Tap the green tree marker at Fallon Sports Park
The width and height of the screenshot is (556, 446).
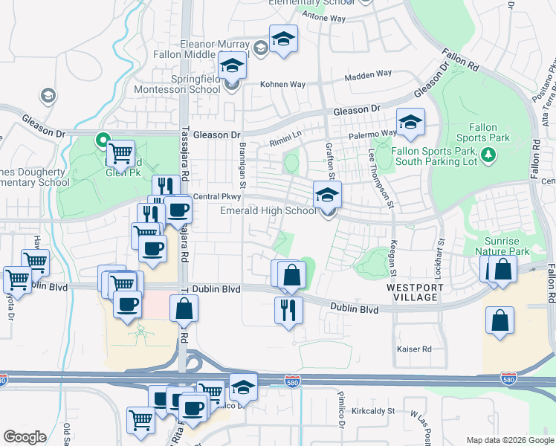[x=488, y=155]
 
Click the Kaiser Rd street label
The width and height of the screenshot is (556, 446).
[x=415, y=349]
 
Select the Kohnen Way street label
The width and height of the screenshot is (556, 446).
[x=282, y=84]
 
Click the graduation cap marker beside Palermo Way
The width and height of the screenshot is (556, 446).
[x=410, y=123]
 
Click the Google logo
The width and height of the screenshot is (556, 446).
[x=25, y=437]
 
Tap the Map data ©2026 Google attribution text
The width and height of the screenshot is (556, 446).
[x=509, y=440]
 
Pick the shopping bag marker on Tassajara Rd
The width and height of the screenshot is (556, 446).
[x=184, y=308]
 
